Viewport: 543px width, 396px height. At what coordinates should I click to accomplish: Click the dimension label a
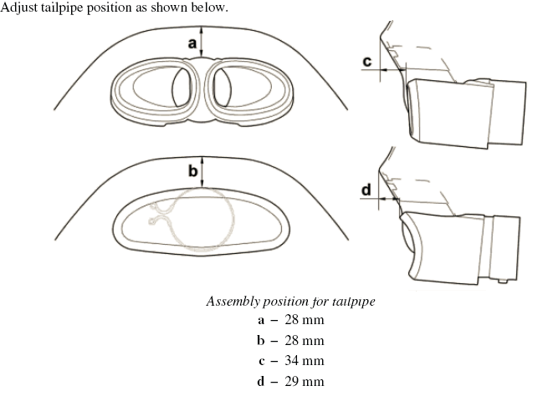(x=192, y=42)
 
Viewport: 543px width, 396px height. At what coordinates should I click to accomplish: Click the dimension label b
(x=192, y=171)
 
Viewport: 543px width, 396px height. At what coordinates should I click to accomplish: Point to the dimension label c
(x=367, y=61)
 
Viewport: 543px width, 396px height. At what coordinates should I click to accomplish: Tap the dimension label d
(x=366, y=190)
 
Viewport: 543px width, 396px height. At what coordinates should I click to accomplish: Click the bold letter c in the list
(x=262, y=361)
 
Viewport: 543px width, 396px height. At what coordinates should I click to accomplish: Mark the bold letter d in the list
(x=262, y=382)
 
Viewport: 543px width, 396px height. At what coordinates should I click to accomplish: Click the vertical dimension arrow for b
(x=202, y=173)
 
